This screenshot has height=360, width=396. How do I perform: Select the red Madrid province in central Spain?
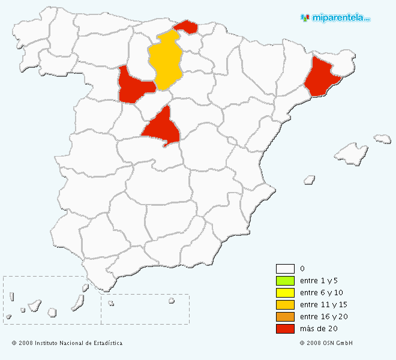tap(161, 127)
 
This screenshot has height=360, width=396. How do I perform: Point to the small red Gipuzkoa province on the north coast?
tap(188, 26)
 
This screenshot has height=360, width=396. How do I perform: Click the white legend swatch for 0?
tap(285, 269)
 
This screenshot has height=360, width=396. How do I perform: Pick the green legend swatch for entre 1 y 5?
tap(285, 281)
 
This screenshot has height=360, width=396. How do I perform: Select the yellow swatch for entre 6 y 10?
tap(285, 293)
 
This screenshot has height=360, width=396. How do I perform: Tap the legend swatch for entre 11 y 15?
tap(285, 305)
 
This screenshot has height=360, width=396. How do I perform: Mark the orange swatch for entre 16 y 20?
tap(285, 317)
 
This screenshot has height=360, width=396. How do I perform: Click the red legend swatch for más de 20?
tap(285, 329)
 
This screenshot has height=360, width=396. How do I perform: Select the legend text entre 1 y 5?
tap(319, 281)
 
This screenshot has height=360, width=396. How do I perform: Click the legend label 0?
tap(302, 269)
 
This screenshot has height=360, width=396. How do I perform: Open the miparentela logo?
tap(335, 18)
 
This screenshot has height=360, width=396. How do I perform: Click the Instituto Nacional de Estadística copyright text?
tap(67, 343)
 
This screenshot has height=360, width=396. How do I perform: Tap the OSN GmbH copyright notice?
tap(326, 343)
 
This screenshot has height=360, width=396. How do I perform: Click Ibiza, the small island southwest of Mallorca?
tap(310, 179)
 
